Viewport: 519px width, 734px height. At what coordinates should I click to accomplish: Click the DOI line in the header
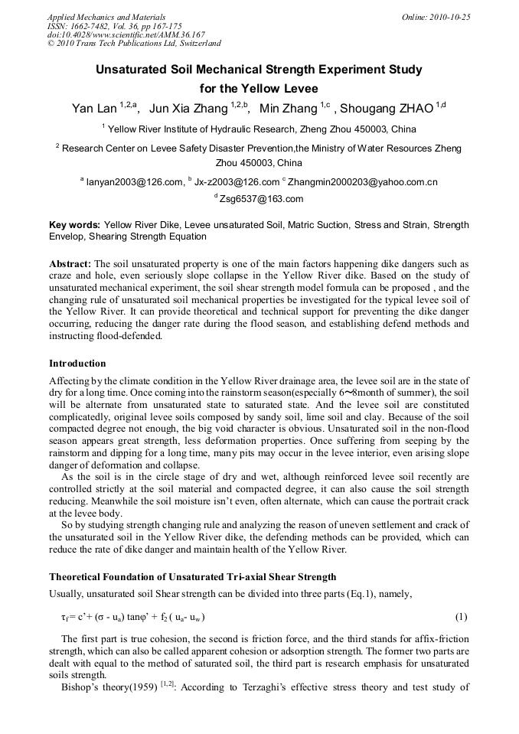point(126,34)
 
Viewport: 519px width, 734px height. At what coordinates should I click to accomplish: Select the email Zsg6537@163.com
point(261,199)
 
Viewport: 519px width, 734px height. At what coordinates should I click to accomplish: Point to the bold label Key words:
point(74,225)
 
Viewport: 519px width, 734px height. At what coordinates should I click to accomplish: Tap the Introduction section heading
point(77,363)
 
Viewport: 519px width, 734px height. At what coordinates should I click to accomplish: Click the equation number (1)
point(461,617)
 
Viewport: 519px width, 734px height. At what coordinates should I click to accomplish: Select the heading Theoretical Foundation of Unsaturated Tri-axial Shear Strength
point(192,576)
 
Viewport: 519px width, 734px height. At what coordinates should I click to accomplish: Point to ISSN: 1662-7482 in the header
point(75,26)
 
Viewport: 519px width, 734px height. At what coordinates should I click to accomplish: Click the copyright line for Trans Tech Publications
point(134,44)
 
